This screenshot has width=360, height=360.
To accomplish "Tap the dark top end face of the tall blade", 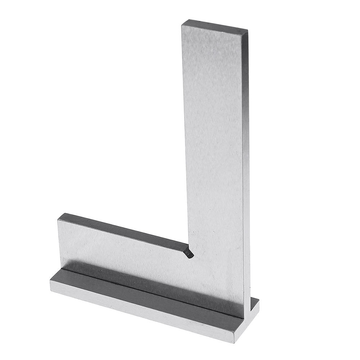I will coord(214,27).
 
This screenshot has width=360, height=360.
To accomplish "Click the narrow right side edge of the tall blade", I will coord(246,162).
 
